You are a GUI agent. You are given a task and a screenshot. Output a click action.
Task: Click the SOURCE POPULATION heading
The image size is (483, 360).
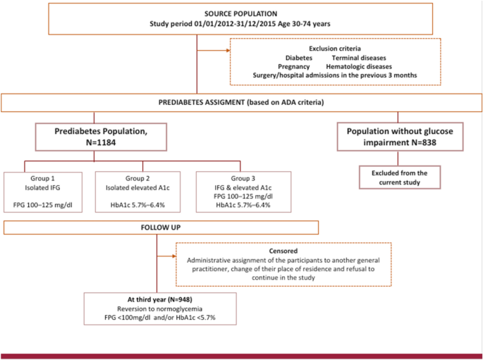241,14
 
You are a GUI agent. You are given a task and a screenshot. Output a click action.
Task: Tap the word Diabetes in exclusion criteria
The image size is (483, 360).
299,58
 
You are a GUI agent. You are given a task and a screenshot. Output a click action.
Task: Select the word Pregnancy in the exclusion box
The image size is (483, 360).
293,66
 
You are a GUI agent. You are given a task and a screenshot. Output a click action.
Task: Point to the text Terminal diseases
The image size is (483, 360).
359,58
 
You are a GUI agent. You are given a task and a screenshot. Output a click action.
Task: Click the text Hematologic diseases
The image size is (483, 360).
359,66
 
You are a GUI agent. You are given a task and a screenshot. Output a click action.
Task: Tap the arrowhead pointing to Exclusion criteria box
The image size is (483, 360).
228,51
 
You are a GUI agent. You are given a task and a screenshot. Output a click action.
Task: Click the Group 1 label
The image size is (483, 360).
43,179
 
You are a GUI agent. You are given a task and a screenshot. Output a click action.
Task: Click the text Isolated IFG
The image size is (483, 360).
43,188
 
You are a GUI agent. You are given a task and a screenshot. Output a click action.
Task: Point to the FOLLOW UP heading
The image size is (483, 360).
161,229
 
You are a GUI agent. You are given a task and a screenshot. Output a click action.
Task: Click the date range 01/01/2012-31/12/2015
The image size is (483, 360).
240,24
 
